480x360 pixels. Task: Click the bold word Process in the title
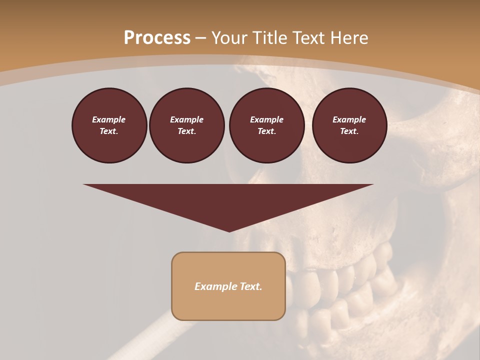tap(157, 38)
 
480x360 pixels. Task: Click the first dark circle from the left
tap(109, 125)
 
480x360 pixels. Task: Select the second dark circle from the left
tap(186, 125)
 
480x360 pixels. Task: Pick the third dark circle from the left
tap(266, 125)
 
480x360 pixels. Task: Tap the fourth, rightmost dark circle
tap(349, 125)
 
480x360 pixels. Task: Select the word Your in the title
tap(228, 38)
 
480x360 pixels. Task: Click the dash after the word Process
tap(201, 38)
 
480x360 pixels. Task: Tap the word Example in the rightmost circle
tap(349, 119)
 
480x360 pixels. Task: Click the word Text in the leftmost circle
tap(109, 131)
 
